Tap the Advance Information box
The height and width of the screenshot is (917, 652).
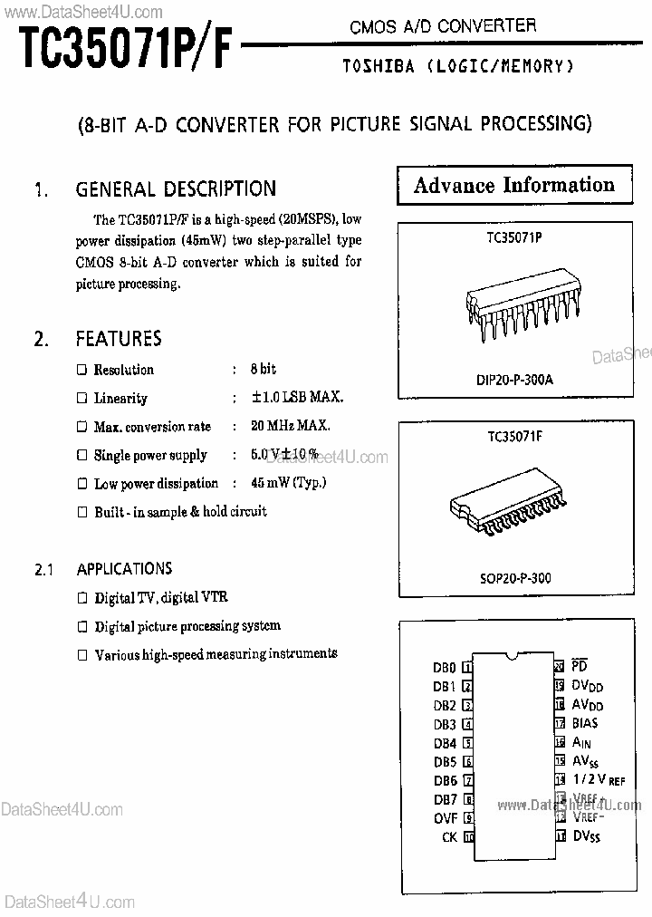[x=513, y=186]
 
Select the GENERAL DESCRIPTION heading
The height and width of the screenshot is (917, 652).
[x=176, y=189]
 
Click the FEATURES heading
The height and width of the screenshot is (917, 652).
[x=119, y=339]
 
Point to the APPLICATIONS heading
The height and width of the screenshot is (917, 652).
[x=124, y=569]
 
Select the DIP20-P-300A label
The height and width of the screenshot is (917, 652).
[x=513, y=380]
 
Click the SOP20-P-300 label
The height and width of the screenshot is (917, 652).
[x=514, y=578]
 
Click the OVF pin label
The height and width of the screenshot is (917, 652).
[x=446, y=818]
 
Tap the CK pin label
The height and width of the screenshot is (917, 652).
[x=449, y=837]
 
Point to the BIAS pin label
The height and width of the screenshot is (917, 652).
[x=585, y=723]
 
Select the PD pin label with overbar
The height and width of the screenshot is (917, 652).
[x=580, y=667]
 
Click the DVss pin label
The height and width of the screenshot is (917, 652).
[x=587, y=835]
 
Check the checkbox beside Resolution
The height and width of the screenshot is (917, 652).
[x=81, y=370]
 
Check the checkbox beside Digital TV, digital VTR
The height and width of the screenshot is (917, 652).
[x=82, y=597]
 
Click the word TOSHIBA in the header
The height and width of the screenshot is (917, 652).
[x=379, y=66]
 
